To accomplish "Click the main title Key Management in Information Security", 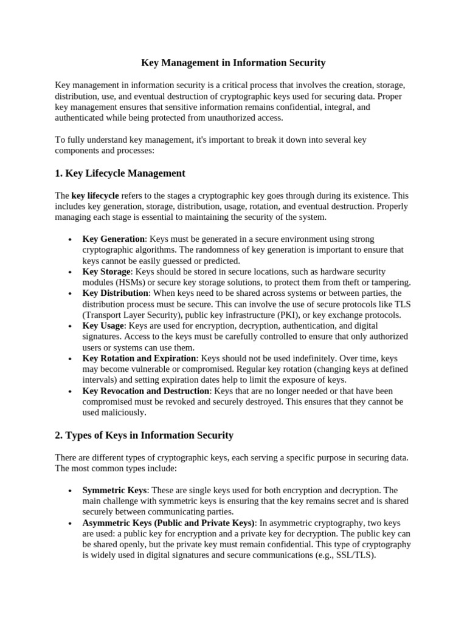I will [233, 63].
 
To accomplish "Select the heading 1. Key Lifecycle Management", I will [120, 173].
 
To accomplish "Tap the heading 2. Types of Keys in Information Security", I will [144, 435].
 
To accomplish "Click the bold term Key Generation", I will [113, 239].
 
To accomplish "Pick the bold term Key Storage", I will [106, 272].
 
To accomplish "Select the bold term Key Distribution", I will [116, 293].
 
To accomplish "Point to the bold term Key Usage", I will [103, 326].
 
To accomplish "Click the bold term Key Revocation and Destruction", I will [147, 391].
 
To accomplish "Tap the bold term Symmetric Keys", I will [115, 490].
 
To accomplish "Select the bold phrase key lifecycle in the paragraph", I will [95, 196].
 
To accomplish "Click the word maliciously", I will [125, 412].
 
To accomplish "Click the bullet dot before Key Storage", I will [71, 273].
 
